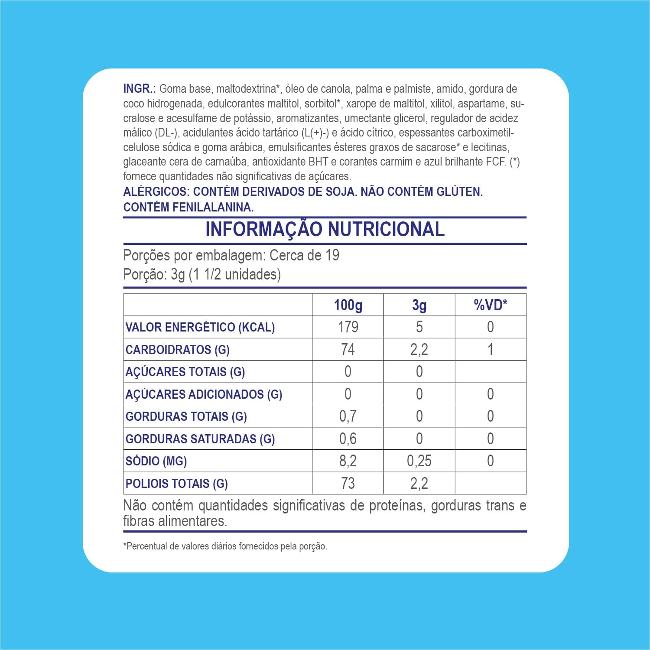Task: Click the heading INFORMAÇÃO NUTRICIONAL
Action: coord(325,229)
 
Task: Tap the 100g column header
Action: coord(348,305)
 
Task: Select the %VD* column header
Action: coord(490,305)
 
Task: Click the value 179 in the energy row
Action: coord(348,327)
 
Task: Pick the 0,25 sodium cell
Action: coord(419,461)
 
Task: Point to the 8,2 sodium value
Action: coord(348,461)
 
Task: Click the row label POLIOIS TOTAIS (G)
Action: coord(176,484)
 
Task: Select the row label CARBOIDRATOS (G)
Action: coord(177,350)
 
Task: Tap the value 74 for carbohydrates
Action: coord(348,350)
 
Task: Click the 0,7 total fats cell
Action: coord(348,416)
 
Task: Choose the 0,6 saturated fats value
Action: coord(348,439)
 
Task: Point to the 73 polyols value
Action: coord(348,484)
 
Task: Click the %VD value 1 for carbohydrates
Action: coord(490,350)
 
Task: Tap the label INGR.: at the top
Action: coord(139,89)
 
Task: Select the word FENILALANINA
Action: coord(212,207)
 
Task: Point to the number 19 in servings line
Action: coord(332,255)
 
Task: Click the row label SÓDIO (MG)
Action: coord(156,461)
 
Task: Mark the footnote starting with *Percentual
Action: coord(225,546)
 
